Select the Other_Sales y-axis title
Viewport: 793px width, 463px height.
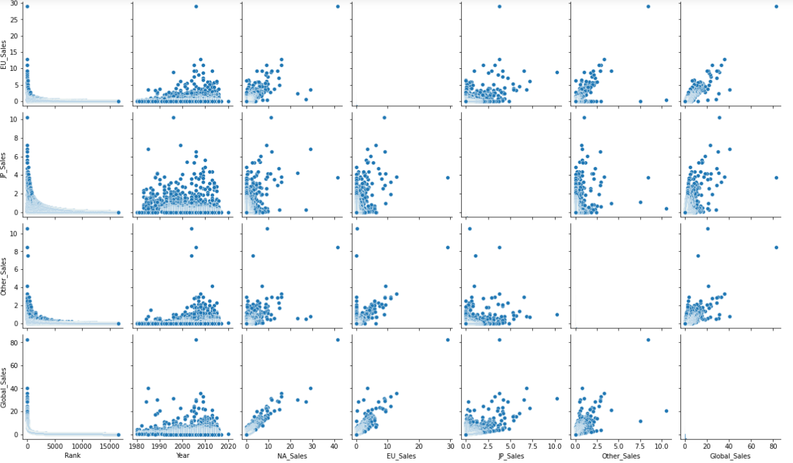tap(5, 276)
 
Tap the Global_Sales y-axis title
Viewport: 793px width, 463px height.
tap(5, 387)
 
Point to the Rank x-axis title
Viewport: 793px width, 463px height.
tap(73, 456)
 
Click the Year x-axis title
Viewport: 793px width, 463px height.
tap(182, 456)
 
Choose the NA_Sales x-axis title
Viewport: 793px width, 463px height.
tap(292, 456)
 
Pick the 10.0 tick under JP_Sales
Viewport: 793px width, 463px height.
tap(554, 447)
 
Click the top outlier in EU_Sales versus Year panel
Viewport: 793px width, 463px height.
tap(196, 7)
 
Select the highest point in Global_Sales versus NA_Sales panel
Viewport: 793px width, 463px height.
tap(338, 339)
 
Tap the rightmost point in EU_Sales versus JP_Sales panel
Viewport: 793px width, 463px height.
tap(557, 73)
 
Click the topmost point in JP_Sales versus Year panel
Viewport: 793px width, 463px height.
tap(173, 118)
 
